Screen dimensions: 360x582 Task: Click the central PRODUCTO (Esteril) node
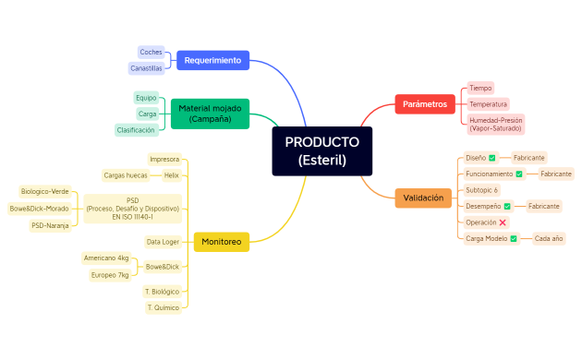pos(321,150)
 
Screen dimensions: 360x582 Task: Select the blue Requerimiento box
pos(212,60)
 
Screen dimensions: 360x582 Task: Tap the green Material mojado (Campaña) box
pos(210,114)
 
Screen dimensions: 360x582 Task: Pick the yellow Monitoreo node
pos(221,242)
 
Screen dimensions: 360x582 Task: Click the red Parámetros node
pos(425,104)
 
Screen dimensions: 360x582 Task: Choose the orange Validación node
pos(424,198)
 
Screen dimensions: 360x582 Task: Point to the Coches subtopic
pos(151,52)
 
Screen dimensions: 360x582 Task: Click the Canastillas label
pos(146,68)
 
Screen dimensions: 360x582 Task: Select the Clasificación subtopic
pos(136,130)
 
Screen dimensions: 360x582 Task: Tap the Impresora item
pos(164,159)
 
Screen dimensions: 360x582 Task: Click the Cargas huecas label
pos(126,174)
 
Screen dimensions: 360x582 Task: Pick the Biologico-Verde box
pos(44,191)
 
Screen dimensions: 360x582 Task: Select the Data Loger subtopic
pos(163,242)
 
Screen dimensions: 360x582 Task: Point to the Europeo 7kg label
pos(110,275)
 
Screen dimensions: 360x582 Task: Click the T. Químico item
pos(163,307)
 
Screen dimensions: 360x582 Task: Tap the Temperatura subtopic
pos(488,104)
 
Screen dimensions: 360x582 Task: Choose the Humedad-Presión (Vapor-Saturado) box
pos(495,124)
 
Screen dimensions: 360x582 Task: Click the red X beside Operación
pos(503,222)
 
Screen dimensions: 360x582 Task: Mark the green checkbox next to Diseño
pos(492,158)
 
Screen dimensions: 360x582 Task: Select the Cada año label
pos(549,238)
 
